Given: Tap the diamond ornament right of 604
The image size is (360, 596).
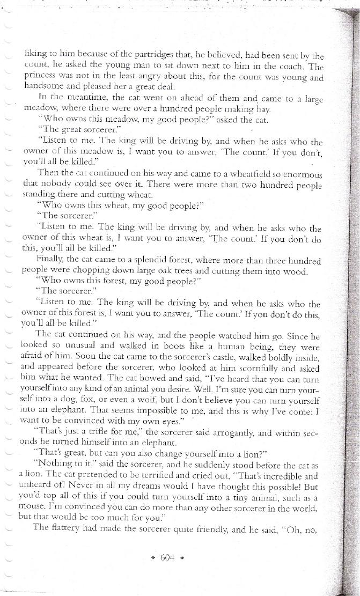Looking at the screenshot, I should coord(182,558).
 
